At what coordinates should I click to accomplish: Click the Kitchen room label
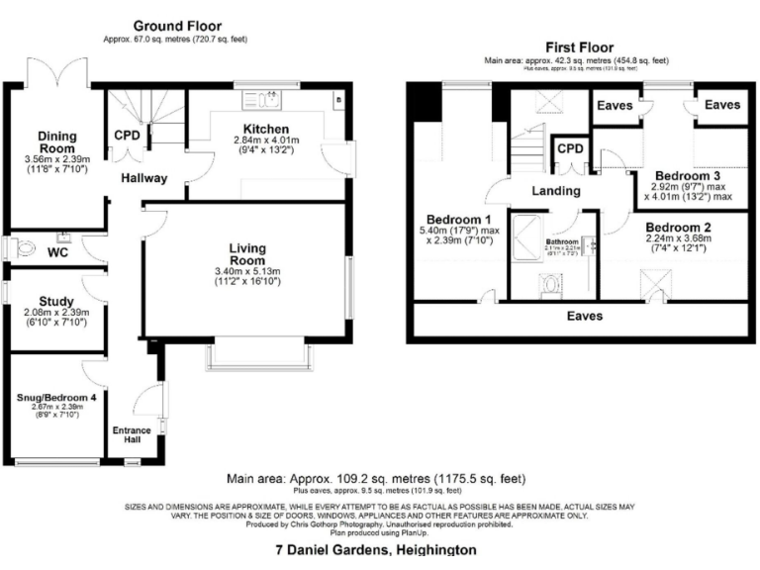(x=267, y=129)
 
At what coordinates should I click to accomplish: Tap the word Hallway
(x=144, y=178)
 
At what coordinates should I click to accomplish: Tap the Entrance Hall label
(x=130, y=436)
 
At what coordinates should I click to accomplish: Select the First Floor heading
(x=579, y=47)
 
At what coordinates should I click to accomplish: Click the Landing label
(x=555, y=190)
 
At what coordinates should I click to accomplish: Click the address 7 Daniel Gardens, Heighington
(x=375, y=549)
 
